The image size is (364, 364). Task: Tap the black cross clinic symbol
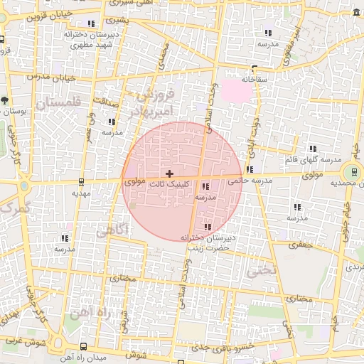(x=168, y=173)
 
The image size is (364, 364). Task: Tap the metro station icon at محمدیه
(x=350, y=172)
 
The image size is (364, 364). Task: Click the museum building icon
(x=355, y=14)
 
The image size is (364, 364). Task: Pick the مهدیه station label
(x=81, y=193)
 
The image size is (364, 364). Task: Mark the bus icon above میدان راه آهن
(x=85, y=346)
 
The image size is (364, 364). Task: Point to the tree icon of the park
(x=5, y=100)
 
